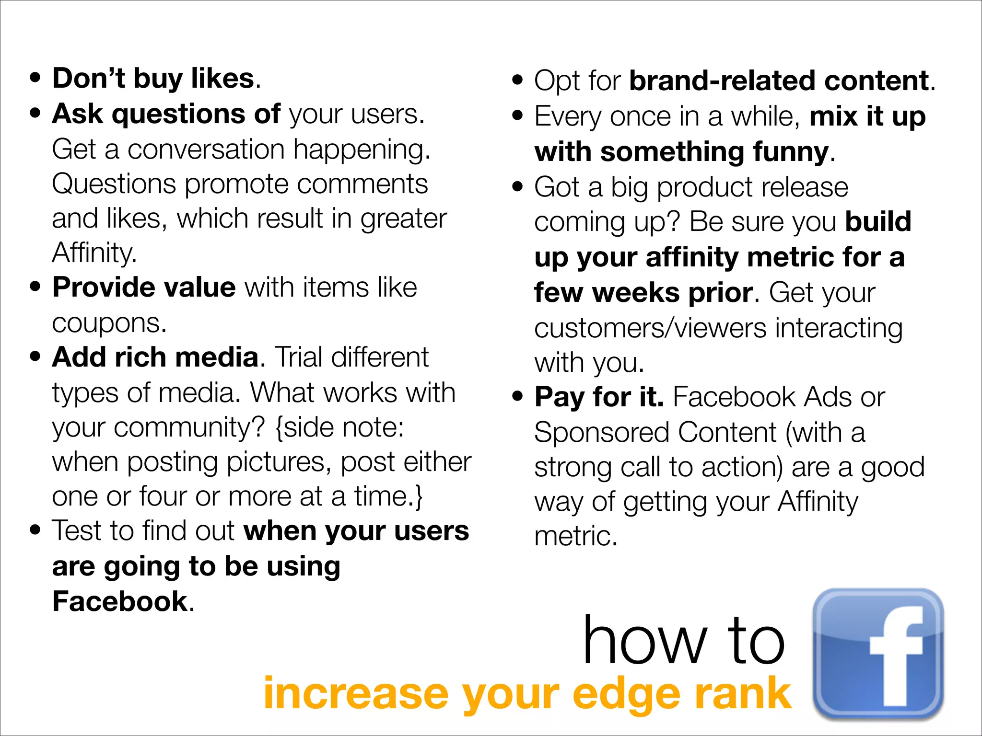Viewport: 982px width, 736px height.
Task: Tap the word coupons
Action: coord(109,323)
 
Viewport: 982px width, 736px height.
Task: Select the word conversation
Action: coord(206,149)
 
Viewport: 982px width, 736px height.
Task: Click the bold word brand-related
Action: coord(723,80)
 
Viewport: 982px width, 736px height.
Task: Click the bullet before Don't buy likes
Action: coord(35,78)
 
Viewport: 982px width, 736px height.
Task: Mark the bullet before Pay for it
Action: coord(517,397)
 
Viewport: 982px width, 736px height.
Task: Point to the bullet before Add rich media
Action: coord(35,357)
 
